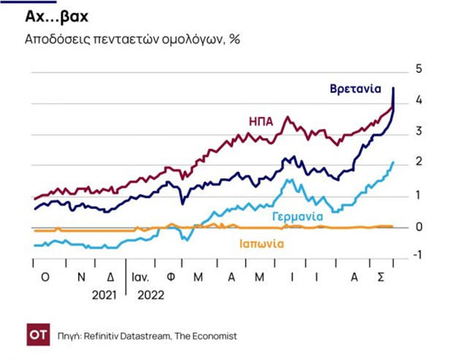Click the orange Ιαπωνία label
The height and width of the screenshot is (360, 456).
262,244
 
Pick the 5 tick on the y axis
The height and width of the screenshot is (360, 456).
419,69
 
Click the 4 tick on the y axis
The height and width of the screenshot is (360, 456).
419,100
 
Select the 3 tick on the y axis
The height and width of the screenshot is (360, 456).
419,131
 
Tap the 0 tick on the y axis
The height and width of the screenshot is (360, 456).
419,227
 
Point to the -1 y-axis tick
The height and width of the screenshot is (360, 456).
417,255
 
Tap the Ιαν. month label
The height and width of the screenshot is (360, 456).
142,277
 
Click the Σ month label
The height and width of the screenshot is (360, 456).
381,277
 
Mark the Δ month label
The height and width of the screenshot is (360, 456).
110,277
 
